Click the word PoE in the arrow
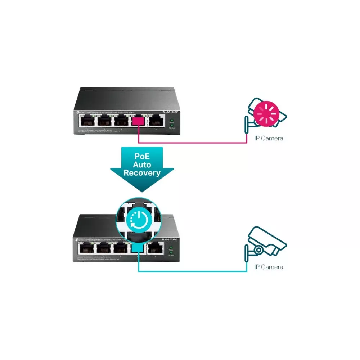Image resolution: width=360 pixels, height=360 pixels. pyautogui.click(x=142, y=157)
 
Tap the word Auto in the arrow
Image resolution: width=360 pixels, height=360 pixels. pyautogui.click(x=142, y=165)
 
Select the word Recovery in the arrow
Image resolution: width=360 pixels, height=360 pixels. pyautogui.click(x=142, y=173)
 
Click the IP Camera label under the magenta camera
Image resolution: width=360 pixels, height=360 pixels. pyautogui.click(x=269, y=138)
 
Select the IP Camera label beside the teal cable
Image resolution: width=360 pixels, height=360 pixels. pyautogui.click(x=269, y=267)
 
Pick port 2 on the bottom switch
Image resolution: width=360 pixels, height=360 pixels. pyautogui.click(x=104, y=248)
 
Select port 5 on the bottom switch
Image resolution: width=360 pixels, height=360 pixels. pyautogui.click(x=156, y=248)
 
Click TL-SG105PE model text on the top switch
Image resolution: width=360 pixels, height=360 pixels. pyautogui.click(x=170, y=113)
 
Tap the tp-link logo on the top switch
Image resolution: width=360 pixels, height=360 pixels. pyautogui.click(x=79, y=113)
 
